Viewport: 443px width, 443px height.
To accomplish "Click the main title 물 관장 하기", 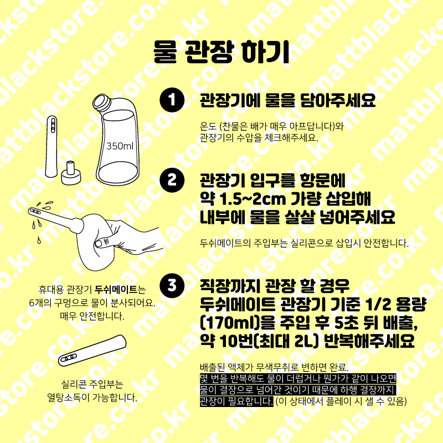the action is click(221, 52).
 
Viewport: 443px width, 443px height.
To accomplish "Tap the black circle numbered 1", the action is click(172, 100).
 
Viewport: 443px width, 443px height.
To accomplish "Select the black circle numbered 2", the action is click(172, 180).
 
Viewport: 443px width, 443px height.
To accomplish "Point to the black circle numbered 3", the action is click(172, 285).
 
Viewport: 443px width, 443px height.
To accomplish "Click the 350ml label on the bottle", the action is click(120, 146).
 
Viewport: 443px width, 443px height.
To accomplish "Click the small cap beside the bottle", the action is click(71, 173).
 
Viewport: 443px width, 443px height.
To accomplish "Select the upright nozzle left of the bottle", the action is click(51, 146).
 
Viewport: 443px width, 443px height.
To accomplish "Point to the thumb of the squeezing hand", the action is click(101, 242).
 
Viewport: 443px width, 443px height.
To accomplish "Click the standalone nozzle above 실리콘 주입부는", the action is click(92, 351).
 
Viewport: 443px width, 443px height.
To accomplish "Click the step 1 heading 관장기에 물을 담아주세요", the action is click(287, 100).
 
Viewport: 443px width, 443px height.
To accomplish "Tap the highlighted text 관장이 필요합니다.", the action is click(236, 401).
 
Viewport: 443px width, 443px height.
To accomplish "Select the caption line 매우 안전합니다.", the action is click(92, 316).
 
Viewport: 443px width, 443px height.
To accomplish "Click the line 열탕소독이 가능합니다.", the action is click(92, 398).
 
